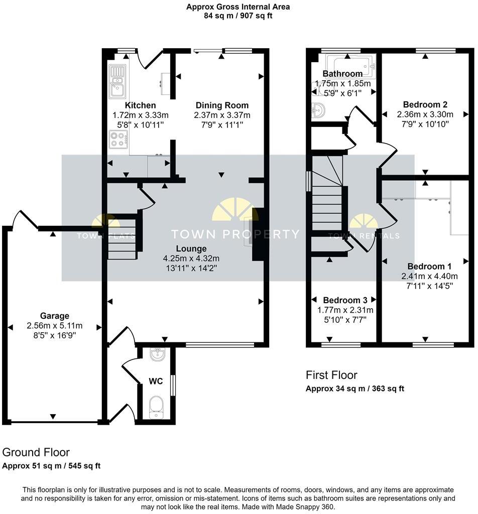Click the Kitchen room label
coord(140,105)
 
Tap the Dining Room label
coord(222,105)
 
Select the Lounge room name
coord(191,248)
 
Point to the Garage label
coord(55,316)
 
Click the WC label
coord(156,381)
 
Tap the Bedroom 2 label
coord(425,104)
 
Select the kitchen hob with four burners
coord(118,139)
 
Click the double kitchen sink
coord(117,81)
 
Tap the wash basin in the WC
coord(156,355)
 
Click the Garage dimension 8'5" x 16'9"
coord(55,335)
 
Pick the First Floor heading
coord(331,375)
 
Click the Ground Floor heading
coord(36,452)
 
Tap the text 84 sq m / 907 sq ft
coord(238,16)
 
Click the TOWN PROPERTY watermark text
coord(235,234)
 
